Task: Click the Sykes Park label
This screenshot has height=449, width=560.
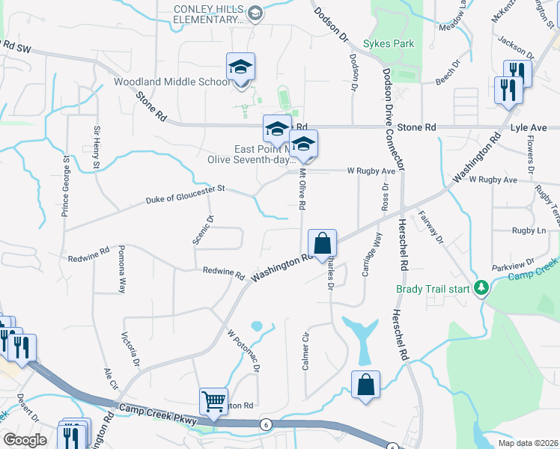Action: [x=389, y=43]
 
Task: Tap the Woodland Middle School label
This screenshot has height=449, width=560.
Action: [x=172, y=82]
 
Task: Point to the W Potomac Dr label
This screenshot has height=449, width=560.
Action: [x=243, y=351]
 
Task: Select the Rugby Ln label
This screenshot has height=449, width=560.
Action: [x=529, y=230]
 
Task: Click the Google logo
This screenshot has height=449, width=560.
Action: [x=25, y=439]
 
